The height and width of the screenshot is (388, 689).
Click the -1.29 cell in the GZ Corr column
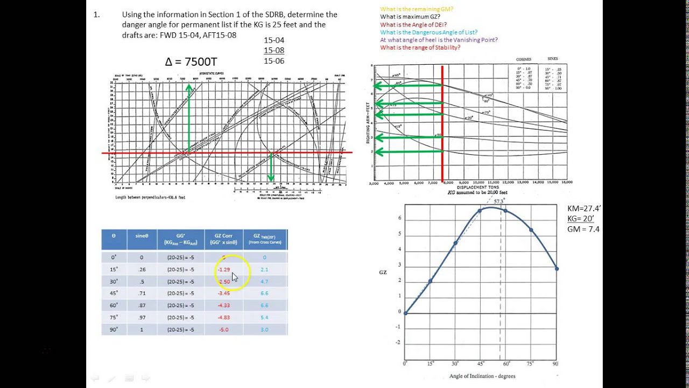(x=223, y=269)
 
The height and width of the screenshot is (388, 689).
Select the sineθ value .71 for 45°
(x=142, y=293)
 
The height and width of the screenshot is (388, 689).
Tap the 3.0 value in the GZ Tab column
(x=264, y=329)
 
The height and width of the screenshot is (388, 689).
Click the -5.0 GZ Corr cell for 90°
(x=223, y=329)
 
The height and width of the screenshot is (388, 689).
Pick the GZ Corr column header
(x=224, y=239)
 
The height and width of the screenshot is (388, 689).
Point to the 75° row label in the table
(x=114, y=317)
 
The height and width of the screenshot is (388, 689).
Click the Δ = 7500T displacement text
(x=191, y=61)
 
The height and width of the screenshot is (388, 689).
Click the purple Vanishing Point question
(x=439, y=40)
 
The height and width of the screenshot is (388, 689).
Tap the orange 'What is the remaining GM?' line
(x=416, y=9)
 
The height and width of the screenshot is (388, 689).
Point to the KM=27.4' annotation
(x=585, y=209)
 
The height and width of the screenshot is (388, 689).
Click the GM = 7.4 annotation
(x=583, y=229)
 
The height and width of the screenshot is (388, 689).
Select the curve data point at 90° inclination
(x=557, y=268)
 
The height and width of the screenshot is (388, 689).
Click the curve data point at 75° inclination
(x=531, y=230)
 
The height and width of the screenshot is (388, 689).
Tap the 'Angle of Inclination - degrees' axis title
(x=482, y=376)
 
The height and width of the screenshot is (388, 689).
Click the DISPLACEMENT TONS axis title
(x=477, y=188)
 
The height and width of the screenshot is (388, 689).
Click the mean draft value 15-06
(x=274, y=61)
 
